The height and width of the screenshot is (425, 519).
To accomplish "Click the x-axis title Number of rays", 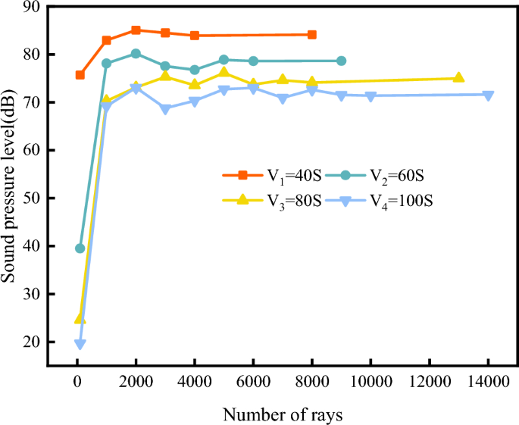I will coord(283,414).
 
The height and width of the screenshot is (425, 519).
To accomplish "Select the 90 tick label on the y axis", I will coord(32,7).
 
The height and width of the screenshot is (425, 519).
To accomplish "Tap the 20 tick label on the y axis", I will coord(32,342).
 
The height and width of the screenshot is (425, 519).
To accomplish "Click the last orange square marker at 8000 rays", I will coord(312,35).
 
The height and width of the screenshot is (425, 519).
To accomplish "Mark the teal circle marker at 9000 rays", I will coord(341,61).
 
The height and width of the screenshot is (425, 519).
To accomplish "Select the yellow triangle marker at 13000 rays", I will coord(458,77).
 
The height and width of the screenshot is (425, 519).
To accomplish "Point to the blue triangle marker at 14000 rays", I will coord(488,95).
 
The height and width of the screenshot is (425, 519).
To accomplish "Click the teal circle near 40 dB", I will coord(80,248).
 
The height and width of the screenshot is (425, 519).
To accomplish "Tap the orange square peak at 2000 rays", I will coord(136,30).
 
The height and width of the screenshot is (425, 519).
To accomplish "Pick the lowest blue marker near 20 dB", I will coord(80,345).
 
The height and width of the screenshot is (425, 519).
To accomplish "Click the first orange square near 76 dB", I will coord(80,75).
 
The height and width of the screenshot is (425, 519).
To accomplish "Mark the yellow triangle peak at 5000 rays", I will coord(224,72).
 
